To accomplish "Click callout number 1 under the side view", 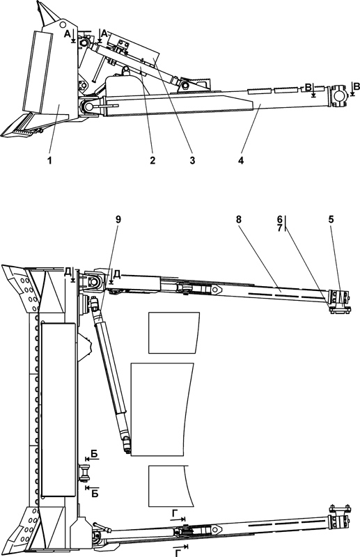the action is click(49, 160).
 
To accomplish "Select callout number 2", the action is click(152, 160).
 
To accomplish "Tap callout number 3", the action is click(192, 160).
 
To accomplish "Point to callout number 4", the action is click(241, 160).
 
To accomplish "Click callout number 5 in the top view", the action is click(331, 219).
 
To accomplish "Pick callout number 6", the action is click(280, 220).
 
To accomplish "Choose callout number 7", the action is click(280, 228).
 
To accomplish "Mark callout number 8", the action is click(238, 219).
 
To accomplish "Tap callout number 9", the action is click(118, 219).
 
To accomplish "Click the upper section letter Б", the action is click(94, 454).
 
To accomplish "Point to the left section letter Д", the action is click(68, 272).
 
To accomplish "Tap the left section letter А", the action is click(67, 33).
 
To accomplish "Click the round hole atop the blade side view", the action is click(63, 24).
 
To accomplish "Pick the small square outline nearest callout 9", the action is click(174, 333).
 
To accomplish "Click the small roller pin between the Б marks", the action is click(85, 473).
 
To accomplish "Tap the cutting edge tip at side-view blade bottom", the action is click(3, 135).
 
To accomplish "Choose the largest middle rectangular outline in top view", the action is click(162, 409).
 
